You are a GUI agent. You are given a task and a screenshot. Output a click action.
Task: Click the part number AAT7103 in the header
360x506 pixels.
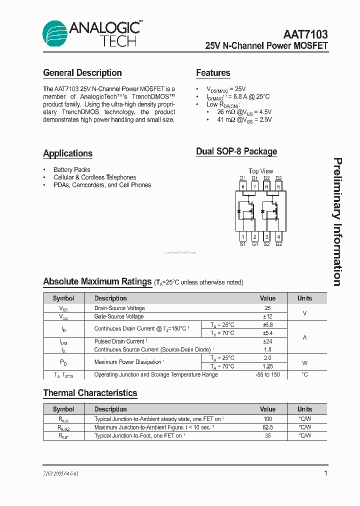[305, 34]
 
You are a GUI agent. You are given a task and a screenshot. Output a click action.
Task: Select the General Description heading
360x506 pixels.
[82, 73]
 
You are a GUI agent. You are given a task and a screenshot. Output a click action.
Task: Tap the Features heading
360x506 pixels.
[213, 73]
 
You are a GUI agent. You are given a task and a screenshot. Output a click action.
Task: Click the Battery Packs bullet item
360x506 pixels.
[72, 169]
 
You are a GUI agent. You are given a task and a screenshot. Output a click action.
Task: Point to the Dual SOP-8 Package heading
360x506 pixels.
[236, 151]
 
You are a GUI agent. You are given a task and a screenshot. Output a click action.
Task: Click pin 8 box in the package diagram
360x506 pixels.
[243, 187]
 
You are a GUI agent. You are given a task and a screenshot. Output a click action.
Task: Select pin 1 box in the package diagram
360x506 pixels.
[243, 236]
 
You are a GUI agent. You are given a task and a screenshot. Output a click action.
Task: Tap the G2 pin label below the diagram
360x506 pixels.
[278, 244]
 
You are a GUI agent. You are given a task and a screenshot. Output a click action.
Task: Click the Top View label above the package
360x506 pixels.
[261, 171]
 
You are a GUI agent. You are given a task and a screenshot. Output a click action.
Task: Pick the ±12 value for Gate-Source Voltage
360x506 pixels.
[267, 316]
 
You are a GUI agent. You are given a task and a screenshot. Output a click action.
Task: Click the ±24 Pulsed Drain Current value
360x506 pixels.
[267, 341]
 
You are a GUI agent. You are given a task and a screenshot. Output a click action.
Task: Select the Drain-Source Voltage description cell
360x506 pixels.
[119, 308]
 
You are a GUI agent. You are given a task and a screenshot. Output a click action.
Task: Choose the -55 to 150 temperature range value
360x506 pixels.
[267, 374]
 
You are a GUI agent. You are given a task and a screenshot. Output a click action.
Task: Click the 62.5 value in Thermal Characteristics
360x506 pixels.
[267, 427]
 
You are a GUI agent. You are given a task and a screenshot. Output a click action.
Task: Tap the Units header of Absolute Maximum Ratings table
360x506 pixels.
[304, 298]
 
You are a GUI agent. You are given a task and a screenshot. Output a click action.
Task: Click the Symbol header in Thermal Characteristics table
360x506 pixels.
[63, 409]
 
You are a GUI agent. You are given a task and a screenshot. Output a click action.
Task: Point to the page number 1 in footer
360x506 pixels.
[325, 473]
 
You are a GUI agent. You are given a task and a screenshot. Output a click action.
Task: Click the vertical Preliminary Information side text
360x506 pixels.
[338, 222]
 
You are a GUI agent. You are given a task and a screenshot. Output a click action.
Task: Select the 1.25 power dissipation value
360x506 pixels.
[267, 366]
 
